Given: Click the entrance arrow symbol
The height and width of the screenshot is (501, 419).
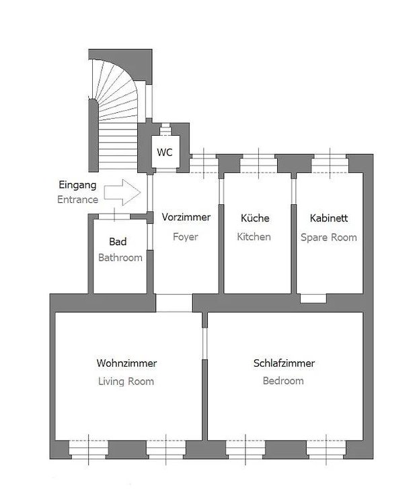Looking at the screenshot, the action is [122, 192].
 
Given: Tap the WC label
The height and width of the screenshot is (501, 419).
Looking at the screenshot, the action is [165, 152].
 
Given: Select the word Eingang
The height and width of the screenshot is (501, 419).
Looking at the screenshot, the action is [77, 185].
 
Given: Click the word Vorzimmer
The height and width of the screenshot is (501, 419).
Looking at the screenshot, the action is [186, 217].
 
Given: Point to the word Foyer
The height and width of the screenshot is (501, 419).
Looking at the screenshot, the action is [186, 237].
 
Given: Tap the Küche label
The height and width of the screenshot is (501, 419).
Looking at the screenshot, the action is [255, 218].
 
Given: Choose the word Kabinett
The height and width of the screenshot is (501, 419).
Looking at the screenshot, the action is [329, 218].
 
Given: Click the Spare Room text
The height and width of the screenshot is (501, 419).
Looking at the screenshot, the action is [329, 237].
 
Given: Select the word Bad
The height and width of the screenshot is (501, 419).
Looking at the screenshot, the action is [118, 241].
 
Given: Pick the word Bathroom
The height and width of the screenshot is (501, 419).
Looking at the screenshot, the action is [120, 257].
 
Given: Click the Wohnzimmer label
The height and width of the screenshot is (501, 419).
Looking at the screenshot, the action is [126, 363].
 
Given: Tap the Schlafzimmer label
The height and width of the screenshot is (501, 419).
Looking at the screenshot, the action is [284, 363].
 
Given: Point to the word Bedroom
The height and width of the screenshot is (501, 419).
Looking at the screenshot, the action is [283, 381].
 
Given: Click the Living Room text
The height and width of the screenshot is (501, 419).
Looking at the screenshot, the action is [126, 381].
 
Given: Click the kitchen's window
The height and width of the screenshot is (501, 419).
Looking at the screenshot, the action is [258, 163].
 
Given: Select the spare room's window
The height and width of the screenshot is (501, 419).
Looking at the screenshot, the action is [330, 163].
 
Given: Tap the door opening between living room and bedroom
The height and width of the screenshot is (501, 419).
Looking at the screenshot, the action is [205, 343].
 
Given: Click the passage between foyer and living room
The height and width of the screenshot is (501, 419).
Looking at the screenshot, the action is [174, 303].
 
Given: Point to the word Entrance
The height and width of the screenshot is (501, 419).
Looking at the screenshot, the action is [78, 199].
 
